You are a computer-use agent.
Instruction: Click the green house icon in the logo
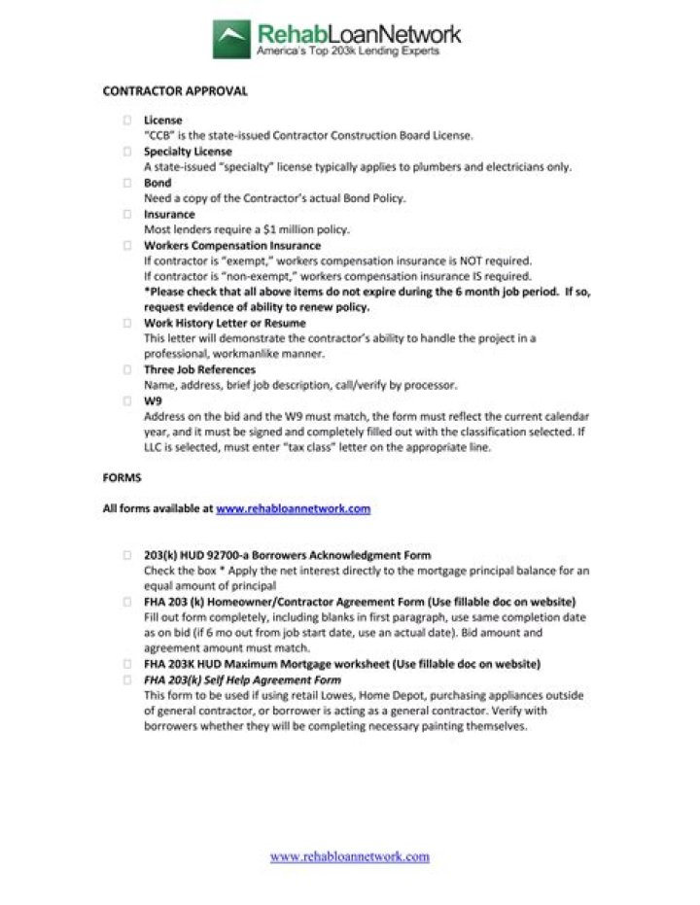click(232, 40)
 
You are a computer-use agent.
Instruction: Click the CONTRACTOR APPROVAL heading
click(175, 91)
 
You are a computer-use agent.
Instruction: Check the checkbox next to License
click(127, 121)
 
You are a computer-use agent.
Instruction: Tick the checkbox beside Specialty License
click(127, 152)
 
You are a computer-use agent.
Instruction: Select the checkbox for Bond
click(127, 183)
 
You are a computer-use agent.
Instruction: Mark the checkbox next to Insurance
click(127, 214)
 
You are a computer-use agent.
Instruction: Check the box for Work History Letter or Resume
click(127, 323)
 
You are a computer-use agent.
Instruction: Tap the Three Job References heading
click(199, 369)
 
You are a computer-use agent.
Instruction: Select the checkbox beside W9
click(127, 400)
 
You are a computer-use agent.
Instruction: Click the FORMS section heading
click(122, 477)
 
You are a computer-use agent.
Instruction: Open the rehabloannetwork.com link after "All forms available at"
click(293, 508)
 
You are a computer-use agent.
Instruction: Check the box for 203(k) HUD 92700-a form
click(127, 555)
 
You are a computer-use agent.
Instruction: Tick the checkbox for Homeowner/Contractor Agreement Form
click(127, 602)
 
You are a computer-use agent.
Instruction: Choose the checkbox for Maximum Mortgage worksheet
click(127, 664)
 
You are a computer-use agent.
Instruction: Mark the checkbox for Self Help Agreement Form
click(127, 679)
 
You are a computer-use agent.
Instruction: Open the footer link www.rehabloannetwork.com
click(349, 856)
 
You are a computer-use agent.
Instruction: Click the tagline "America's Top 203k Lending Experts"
click(347, 52)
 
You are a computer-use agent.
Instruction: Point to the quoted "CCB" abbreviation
click(158, 136)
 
